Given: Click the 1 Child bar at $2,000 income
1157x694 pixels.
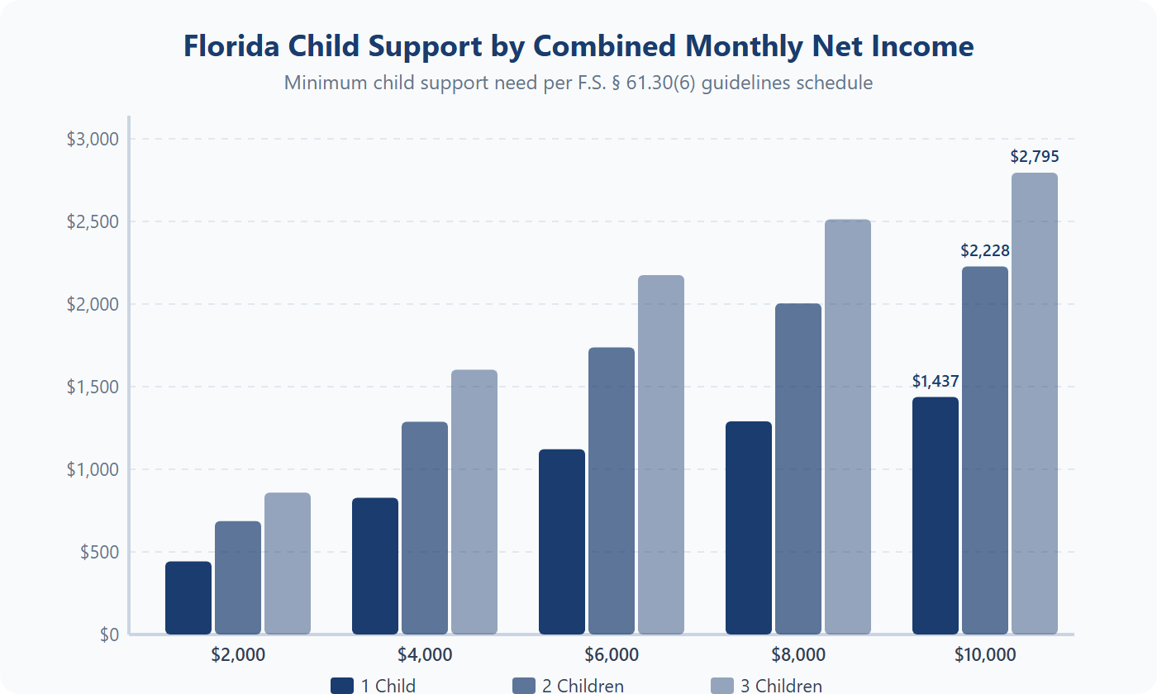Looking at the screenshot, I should (188, 597).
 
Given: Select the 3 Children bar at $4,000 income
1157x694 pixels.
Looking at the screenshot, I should (474, 501).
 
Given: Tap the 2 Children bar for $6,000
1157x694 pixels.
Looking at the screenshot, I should (612, 491).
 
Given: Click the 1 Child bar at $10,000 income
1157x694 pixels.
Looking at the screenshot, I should (936, 516).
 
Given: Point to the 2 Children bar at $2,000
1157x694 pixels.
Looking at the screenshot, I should (238, 578).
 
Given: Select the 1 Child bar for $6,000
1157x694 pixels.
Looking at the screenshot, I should (562, 541).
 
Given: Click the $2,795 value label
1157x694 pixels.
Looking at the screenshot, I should (1035, 156).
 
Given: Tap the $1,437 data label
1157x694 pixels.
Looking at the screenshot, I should (936, 381).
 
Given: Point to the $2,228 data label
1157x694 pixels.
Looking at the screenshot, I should (985, 250).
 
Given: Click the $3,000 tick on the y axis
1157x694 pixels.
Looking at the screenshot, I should (93, 139).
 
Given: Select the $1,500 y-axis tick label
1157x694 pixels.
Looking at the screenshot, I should (93, 387).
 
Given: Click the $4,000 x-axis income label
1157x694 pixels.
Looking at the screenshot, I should (425, 655).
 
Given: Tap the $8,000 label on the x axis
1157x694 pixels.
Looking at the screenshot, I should (798, 655).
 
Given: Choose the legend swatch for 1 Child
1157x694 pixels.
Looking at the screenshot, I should (342, 686).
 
